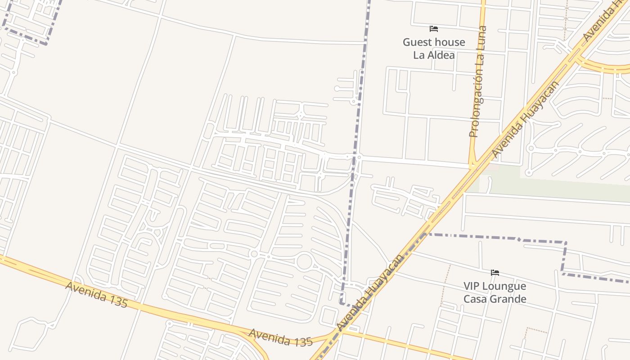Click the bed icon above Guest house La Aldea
(x=434, y=29)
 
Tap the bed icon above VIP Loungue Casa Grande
(x=495, y=273)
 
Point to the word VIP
(x=473, y=286)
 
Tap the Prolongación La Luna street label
(x=478, y=82)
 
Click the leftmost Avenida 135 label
(x=96, y=294)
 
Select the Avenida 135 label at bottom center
(x=280, y=337)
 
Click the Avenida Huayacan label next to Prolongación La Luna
(x=525, y=119)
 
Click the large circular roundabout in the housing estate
(x=304, y=261)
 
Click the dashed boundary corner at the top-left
(x=46, y=43)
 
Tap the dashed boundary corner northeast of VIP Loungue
(x=565, y=243)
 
